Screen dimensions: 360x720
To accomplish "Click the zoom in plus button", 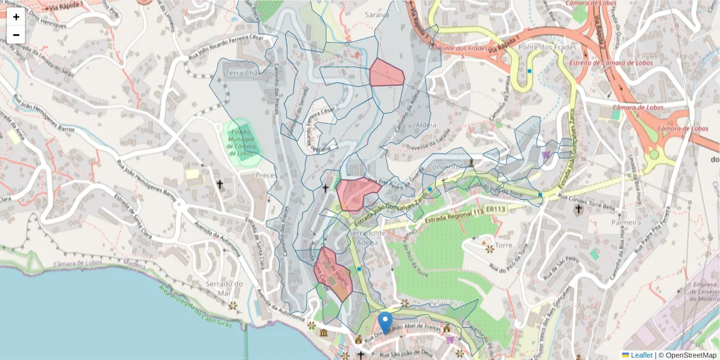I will click(16, 17).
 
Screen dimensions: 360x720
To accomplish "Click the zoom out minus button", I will click(16, 35).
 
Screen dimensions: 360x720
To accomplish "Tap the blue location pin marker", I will click(385, 322).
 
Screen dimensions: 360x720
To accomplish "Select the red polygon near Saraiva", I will click(386, 73).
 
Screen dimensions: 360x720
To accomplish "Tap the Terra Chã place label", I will click(241, 73).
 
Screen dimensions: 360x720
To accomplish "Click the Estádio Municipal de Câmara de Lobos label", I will click(242, 142).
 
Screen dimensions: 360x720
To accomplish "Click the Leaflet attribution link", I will click(641, 355).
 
